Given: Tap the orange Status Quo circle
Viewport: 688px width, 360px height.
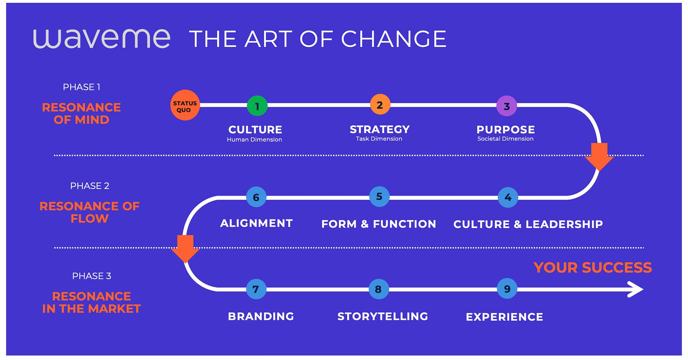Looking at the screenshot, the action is [x=185, y=105].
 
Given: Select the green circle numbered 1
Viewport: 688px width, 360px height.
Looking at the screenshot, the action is [x=257, y=106].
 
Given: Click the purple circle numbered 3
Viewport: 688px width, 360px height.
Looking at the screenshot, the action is [x=507, y=106].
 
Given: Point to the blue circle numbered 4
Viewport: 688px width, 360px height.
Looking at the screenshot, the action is [x=508, y=197].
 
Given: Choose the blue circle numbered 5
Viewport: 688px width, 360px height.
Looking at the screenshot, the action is [x=379, y=196].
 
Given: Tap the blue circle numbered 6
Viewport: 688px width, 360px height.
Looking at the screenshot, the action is [x=256, y=197].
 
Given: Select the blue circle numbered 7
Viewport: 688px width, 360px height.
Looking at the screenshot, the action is [x=256, y=289].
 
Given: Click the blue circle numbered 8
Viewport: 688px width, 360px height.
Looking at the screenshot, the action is [x=379, y=289].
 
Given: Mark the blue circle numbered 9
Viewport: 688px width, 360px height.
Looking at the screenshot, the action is [x=507, y=289].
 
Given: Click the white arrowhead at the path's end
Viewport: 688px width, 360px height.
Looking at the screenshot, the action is [x=636, y=289].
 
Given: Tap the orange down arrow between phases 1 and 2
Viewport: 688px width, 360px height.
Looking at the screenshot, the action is [x=599, y=157].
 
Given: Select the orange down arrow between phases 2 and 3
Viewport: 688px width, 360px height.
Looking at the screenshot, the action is [x=185, y=249].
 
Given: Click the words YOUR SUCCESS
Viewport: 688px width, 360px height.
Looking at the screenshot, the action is [x=593, y=267].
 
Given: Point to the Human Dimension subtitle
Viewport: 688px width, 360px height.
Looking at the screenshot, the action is [x=254, y=139].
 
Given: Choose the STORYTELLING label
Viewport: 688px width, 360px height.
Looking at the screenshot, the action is [x=383, y=316].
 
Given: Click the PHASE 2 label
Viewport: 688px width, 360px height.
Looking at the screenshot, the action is [x=90, y=186].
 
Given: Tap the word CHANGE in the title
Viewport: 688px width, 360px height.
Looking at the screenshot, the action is [x=393, y=39].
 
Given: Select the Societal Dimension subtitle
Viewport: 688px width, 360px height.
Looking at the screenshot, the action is [x=505, y=139].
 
